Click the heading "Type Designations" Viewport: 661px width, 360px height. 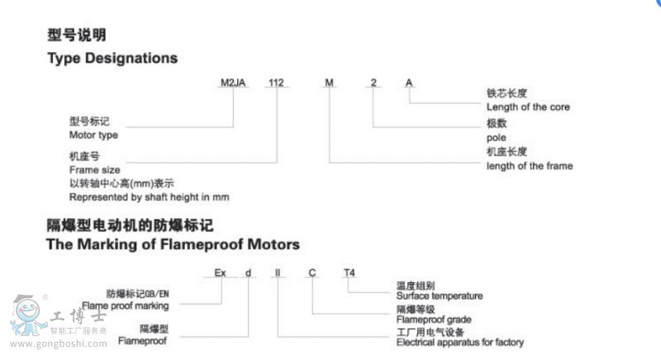click(x=112, y=59)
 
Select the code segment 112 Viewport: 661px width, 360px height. click(x=275, y=83)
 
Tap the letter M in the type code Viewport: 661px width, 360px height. click(x=330, y=83)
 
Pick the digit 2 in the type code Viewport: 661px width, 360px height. click(x=374, y=83)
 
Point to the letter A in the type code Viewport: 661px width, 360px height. click(x=408, y=83)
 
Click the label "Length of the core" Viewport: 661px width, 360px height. click(x=528, y=107)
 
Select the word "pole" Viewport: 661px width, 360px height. click(x=497, y=137)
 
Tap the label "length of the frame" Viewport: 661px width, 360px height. click(x=530, y=166)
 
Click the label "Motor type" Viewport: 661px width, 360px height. click(x=93, y=135)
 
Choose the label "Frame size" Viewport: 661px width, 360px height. click(x=95, y=168)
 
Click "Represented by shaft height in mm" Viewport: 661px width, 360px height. click(x=149, y=197)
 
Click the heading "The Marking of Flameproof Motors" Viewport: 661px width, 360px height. click(x=174, y=244)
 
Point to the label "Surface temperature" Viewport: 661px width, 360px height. click(x=440, y=296)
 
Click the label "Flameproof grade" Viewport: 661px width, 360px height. click(x=433, y=320)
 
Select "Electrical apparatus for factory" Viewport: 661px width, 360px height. click(x=460, y=343)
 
